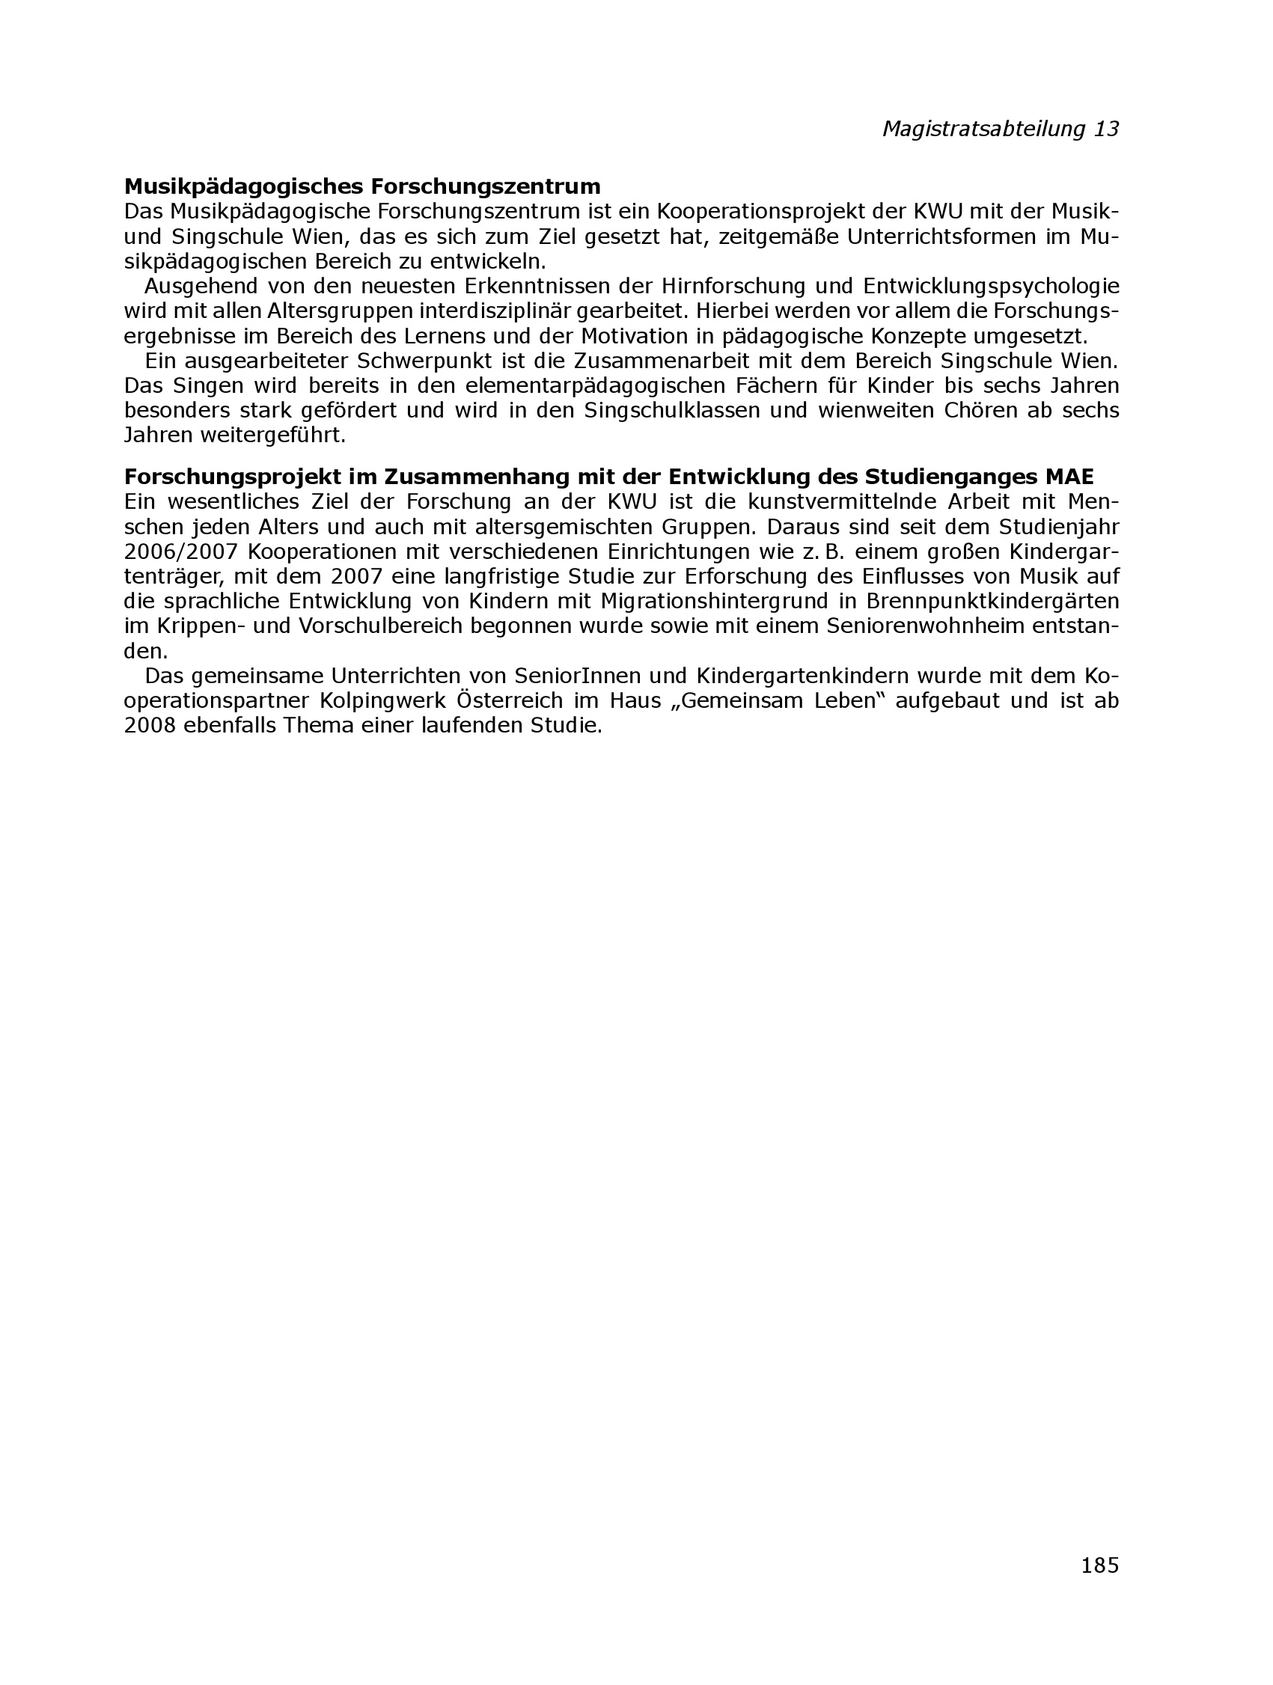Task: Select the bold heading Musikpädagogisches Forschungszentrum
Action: click(x=362, y=186)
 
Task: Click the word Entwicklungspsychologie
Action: click(x=991, y=287)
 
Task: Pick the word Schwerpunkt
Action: click(x=419, y=361)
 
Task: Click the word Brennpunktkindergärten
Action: click(x=992, y=601)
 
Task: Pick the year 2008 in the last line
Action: click(x=150, y=726)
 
